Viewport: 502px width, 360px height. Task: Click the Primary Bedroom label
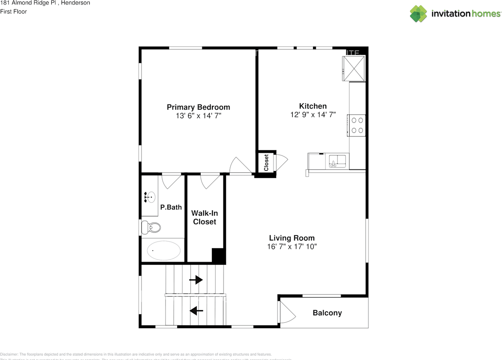(x=198, y=107)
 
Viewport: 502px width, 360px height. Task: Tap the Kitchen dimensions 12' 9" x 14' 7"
(x=313, y=115)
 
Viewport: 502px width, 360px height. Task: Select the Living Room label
(x=292, y=238)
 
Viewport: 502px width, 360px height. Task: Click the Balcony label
(x=327, y=313)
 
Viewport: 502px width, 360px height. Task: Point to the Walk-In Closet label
(x=204, y=218)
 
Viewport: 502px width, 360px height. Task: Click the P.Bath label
(x=171, y=207)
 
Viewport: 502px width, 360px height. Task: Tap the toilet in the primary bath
(x=151, y=227)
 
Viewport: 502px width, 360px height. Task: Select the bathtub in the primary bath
(x=164, y=250)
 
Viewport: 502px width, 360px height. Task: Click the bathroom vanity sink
(x=150, y=197)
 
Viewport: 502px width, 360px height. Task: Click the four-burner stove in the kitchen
(x=357, y=125)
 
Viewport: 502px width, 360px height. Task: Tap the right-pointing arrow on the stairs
(x=196, y=280)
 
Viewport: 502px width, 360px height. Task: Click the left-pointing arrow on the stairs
(x=196, y=311)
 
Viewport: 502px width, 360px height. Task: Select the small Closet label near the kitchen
(x=266, y=162)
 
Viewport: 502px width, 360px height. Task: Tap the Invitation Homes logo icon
(x=418, y=13)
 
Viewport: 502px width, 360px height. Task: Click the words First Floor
(x=14, y=12)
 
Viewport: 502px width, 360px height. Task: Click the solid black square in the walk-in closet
(x=218, y=255)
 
